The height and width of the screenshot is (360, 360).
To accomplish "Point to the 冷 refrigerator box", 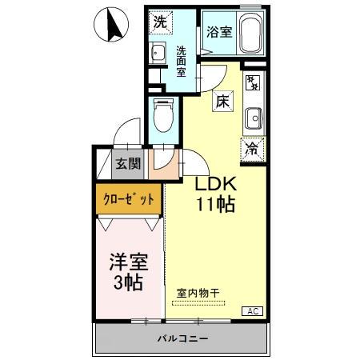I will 251,147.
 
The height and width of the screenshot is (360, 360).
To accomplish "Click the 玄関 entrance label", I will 126,165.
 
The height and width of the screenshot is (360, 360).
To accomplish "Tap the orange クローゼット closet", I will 129,198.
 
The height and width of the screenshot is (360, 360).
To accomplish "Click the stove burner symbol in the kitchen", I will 252,82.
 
